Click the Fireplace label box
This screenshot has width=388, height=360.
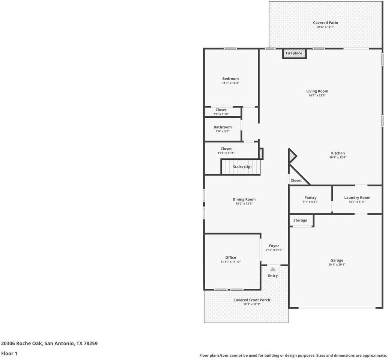pyautogui.click(x=294, y=54)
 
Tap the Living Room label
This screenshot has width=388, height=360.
pyautogui.click(x=317, y=91)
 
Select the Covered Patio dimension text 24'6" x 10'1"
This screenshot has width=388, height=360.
pyautogui.click(x=325, y=27)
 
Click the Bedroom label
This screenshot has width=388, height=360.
pyautogui.click(x=230, y=79)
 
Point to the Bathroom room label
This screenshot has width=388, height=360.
pyautogui.click(x=223, y=127)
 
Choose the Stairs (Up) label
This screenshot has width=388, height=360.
pyautogui.click(x=242, y=167)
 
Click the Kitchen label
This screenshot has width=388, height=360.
pyautogui.click(x=338, y=153)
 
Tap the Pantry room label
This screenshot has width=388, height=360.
pyautogui.click(x=310, y=198)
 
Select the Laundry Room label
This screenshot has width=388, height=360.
pyautogui.click(x=357, y=198)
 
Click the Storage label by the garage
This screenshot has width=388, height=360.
pyautogui.click(x=300, y=220)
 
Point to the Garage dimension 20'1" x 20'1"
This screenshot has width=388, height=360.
pyautogui.click(x=337, y=264)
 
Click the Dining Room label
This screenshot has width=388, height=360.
pyautogui.click(x=244, y=199)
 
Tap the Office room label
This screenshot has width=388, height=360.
pyautogui.click(x=230, y=257)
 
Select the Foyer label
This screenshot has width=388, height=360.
pyautogui.click(x=274, y=246)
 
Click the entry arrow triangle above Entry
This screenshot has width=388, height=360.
pyautogui.click(x=273, y=269)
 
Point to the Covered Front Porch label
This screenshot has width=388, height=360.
pyautogui.click(x=251, y=300)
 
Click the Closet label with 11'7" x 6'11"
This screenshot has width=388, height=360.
pyautogui.click(x=226, y=149)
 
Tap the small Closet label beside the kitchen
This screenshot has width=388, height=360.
pyautogui.click(x=296, y=180)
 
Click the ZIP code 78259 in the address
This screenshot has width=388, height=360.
pyautogui.click(x=92, y=343)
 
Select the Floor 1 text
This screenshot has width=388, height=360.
pyautogui.click(x=9, y=353)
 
